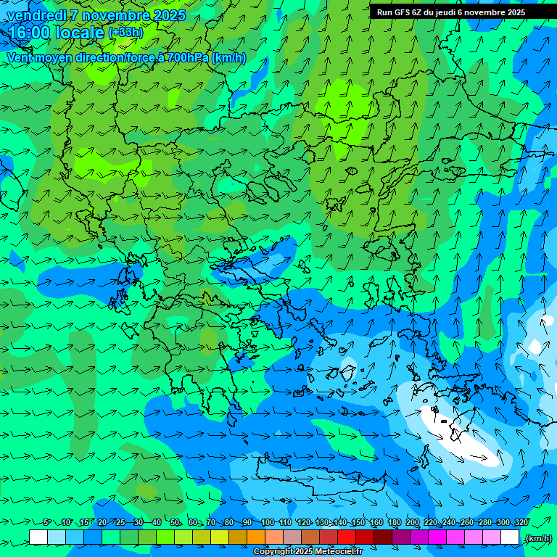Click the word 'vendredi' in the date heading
coord(36,15)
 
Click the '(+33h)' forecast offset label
coord(125,33)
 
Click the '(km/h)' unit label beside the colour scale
coord(537,537)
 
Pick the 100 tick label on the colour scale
coord(268,522)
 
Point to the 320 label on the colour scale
coord(521,522)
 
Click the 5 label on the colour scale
coord(47,522)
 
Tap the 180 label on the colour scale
coord(394,522)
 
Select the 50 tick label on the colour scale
coord(175,522)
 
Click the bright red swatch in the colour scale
coord(347,537)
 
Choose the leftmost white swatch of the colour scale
coord(38,537)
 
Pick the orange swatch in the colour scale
coord(256,537)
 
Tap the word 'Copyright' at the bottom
coord(273,552)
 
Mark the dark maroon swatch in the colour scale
coord(383,537)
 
